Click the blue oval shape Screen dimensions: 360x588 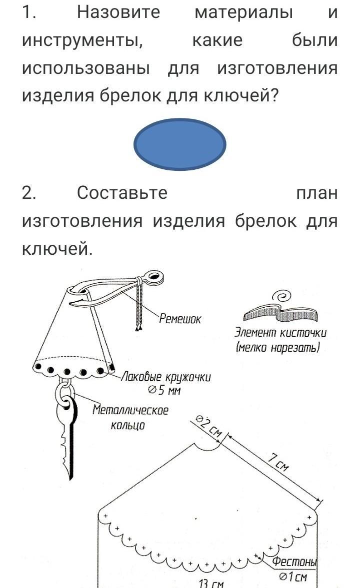[180, 144]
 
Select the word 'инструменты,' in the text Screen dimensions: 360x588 [82, 40]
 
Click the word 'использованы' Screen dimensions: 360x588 [86, 68]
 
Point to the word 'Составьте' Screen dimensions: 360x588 [122, 193]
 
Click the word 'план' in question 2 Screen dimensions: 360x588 [317, 193]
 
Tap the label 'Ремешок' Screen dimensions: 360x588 [180, 319]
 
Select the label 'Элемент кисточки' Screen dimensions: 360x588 [280, 333]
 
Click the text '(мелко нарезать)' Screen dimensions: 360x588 [278, 348]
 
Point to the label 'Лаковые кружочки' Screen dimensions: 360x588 [166, 377]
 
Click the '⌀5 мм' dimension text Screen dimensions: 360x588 [165, 391]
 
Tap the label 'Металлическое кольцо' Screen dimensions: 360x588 [130, 417]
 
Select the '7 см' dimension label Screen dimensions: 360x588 [278, 462]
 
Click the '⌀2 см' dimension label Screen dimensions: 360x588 [209, 426]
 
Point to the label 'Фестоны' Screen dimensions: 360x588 [294, 562]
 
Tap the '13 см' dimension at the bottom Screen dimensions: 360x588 [211, 584]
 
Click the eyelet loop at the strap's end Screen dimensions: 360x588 [153, 277]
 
